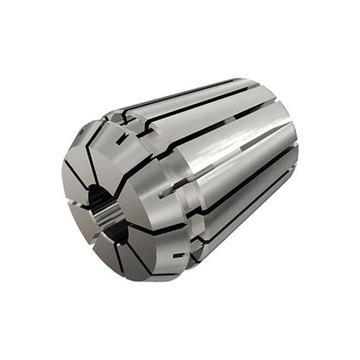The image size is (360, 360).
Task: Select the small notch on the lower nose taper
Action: click(176, 257)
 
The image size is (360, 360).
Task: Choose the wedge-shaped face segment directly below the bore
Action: click(114, 243)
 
